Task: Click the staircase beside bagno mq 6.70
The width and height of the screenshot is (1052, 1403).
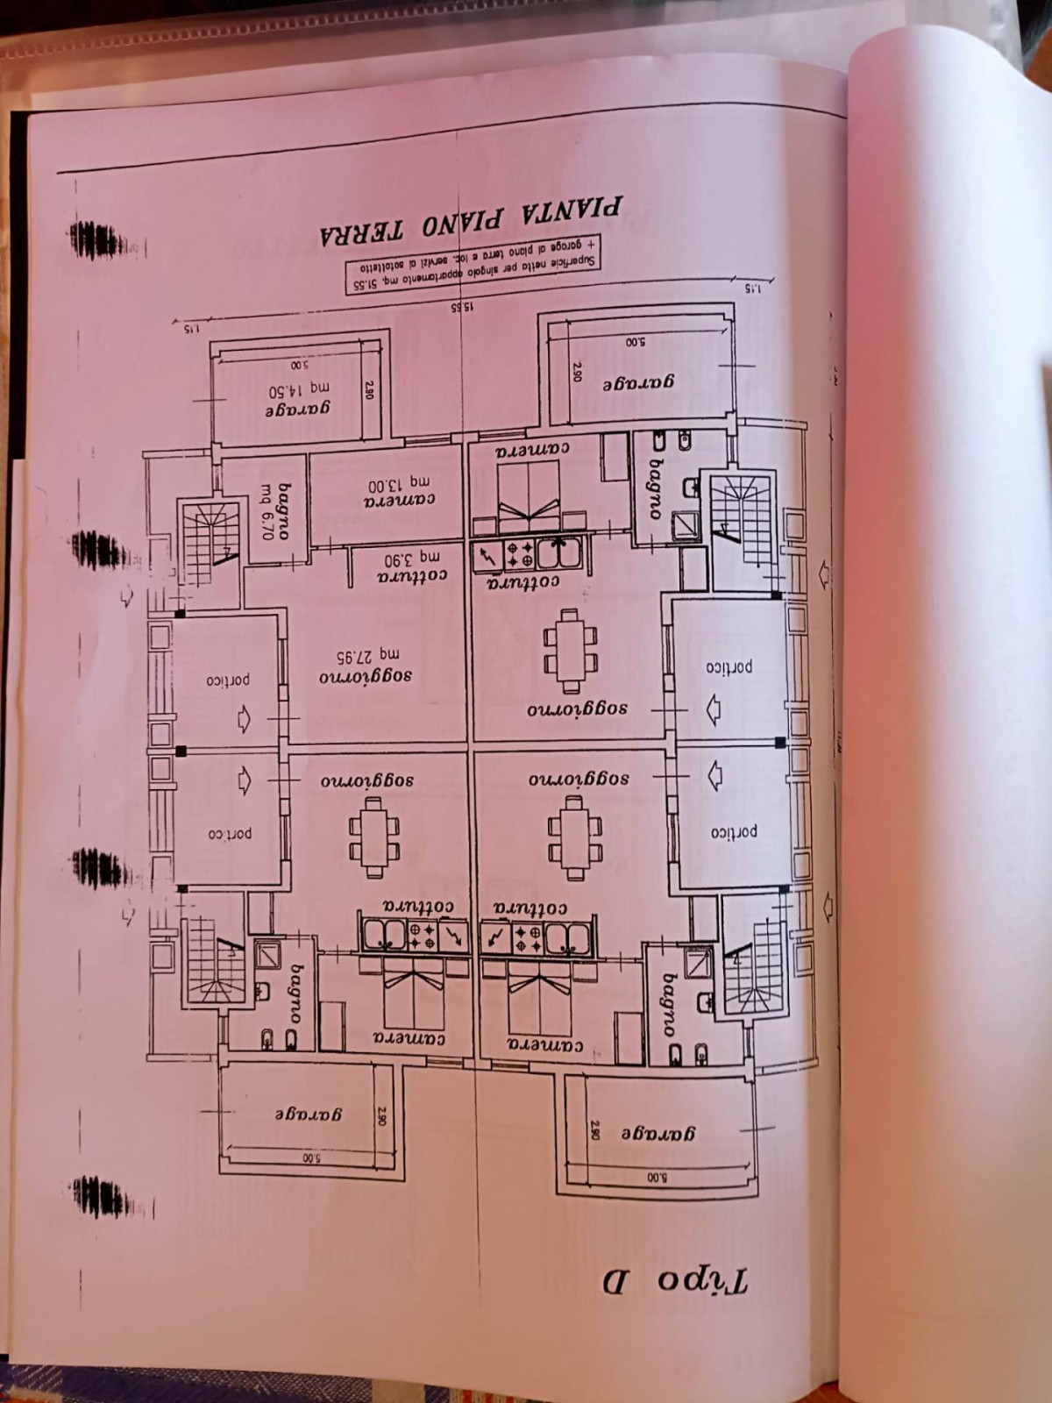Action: coord(210,544)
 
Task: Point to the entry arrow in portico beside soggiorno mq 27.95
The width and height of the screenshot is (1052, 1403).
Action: coord(243,720)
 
